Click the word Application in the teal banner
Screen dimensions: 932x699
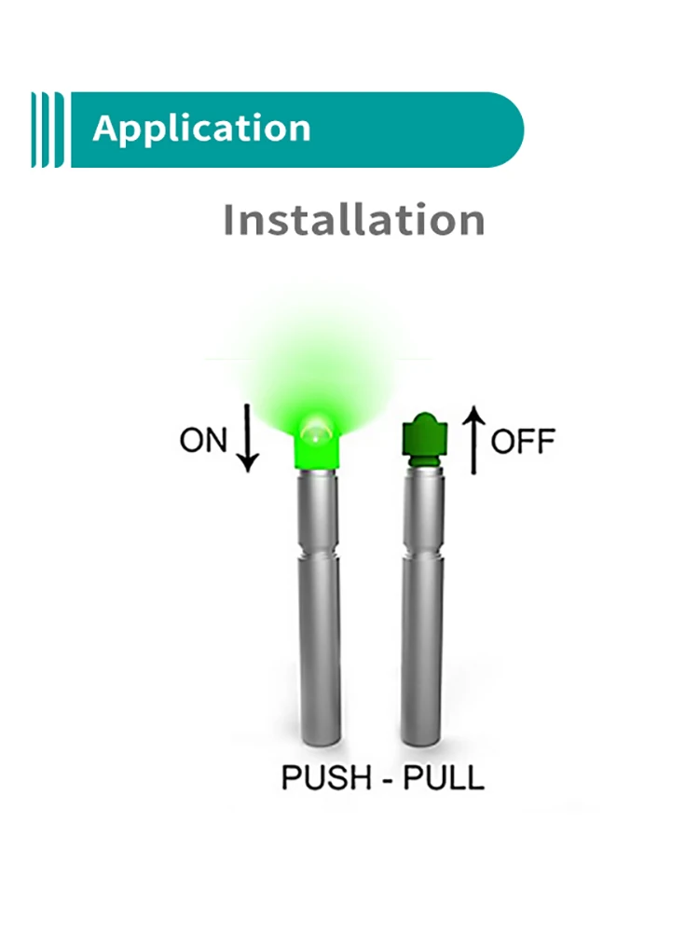pos(201,130)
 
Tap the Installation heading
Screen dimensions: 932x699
pos(354,221)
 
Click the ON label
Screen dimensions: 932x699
pos(203,440)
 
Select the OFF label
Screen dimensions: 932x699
pos(523,440)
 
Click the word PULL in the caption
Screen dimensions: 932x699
pos(444,775)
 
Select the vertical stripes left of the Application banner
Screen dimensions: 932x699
pos(48,130)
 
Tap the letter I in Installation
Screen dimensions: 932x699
pos(230,221)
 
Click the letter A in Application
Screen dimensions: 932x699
pos(105,130)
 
